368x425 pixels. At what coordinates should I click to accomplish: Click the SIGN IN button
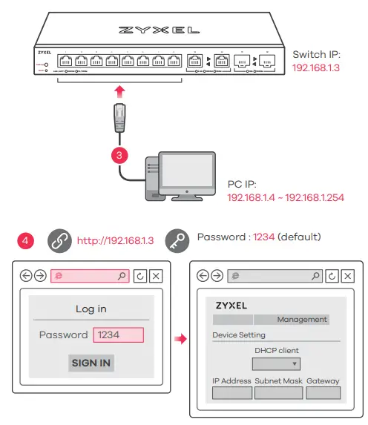pos(92,363)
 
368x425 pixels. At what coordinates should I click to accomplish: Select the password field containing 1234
pos(118,335)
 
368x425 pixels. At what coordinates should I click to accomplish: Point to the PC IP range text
pos(285,199)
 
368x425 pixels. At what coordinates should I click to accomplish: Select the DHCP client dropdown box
pos(276,363)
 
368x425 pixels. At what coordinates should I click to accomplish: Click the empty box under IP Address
pos(232,392)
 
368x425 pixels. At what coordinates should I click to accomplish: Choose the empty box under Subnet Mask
pos(278,392)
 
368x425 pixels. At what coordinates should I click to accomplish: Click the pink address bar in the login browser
pos(91,276)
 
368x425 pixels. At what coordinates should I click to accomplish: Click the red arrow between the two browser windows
pos(180,338)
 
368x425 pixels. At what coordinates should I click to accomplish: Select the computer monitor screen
pos(185,174)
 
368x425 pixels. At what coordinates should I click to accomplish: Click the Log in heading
pos(91,309)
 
